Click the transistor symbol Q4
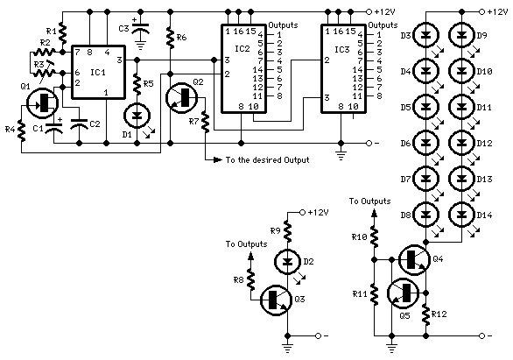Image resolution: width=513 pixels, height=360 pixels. (412, 260)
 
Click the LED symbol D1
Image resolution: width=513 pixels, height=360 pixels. (137, 114)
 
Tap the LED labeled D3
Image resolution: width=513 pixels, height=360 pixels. (429, 37)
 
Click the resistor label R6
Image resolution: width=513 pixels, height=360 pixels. (182, 38)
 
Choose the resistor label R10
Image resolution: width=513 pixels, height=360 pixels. (359, 237)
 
